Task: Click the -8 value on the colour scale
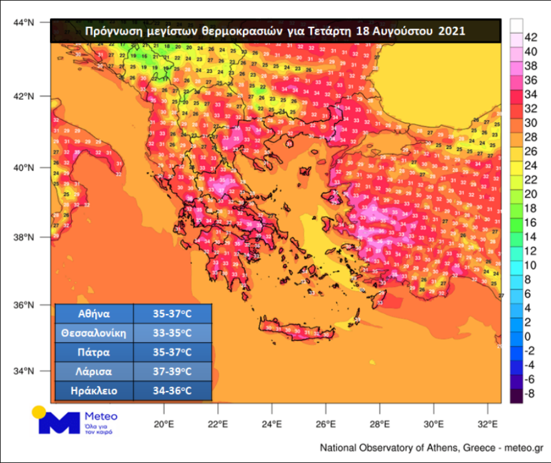(x=530, y=394)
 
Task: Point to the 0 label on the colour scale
(x=530, y=336)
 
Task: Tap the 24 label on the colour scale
(x=530, y=165)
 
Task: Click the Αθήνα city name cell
(x=94, y=314)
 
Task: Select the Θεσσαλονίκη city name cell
(x=94, y=333)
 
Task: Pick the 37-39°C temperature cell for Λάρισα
(x=173, y=372)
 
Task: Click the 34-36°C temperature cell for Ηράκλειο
(x=173, y=391)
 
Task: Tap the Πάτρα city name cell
(x=94, y=352)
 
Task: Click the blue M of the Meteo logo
(x=59, y=423)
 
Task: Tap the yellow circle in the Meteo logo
(x=39, y=412)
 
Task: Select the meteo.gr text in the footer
(x=525, y=448)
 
